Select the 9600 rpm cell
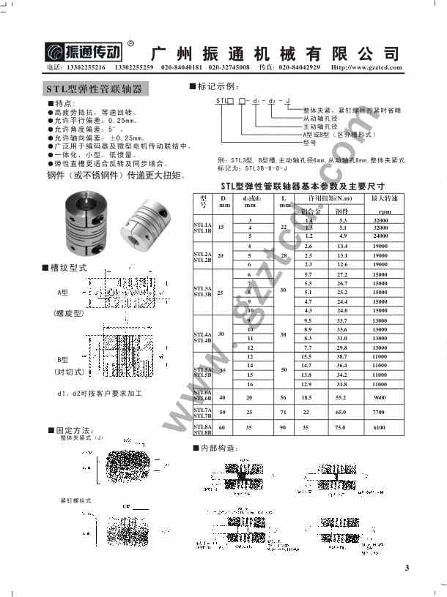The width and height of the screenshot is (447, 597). (380, 396)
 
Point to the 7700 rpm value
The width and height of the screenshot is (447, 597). (380, 411)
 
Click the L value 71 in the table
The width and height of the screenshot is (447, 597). (283, 411)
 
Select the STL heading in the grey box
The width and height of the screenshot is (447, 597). (95, 89)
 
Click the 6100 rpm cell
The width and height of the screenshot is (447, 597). (380, 427)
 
